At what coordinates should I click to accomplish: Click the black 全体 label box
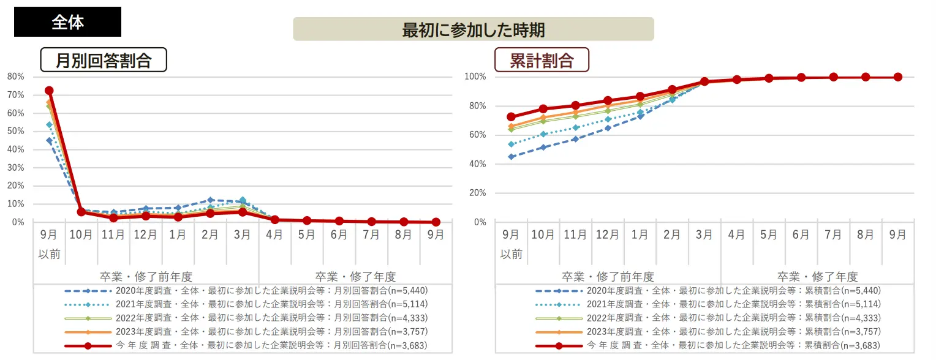click(67, 22)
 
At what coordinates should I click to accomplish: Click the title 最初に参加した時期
click(473, 29)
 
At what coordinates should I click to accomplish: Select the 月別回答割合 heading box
click(103, 60)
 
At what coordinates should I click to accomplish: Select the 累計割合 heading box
click(542, 60)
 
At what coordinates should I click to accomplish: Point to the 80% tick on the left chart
click(16, 77)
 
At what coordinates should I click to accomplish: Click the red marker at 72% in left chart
click(49, 91)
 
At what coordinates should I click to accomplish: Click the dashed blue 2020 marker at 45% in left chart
click(49, 141)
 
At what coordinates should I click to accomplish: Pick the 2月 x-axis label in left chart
click(210, 234)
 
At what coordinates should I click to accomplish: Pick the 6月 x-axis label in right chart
click(801, 234)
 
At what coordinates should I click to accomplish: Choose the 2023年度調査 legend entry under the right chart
click(707, 332)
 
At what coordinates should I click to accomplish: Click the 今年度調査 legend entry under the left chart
click(245, 346)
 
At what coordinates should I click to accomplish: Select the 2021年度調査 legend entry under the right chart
click(707, 304)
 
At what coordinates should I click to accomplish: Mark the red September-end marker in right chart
click(897, 77)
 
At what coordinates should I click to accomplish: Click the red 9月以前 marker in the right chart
click(511, 116)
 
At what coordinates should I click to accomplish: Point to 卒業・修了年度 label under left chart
click(355, 277)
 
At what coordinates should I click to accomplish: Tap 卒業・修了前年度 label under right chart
click(608, 277)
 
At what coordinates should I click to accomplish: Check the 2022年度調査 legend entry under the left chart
click(245, 318)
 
